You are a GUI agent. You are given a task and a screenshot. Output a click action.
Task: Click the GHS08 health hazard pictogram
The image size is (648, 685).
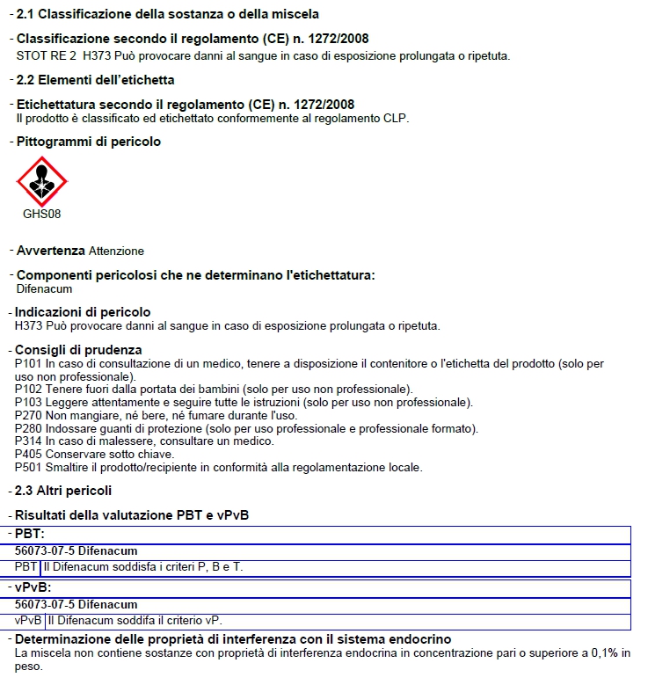tap(41, 181)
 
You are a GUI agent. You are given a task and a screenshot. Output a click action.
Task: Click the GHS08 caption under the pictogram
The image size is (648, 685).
tap(41, 214)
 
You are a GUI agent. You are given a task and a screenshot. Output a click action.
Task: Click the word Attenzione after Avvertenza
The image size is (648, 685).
tap(116, 251)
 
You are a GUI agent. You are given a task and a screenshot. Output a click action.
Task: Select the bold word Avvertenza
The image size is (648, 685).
tap(51, 251)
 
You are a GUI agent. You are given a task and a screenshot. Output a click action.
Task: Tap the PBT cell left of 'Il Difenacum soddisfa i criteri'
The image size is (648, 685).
tap(26, 567)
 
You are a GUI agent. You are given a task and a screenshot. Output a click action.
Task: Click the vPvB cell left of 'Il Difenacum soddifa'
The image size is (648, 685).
tap(29, 620)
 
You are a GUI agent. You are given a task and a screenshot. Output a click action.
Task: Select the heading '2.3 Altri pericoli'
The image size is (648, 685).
tap(64, 491)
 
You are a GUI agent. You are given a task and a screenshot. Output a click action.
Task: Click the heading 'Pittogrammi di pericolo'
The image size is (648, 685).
tap(89, 142)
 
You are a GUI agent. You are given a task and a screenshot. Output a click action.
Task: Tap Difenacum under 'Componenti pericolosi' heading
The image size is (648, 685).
tap(44, 288)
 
